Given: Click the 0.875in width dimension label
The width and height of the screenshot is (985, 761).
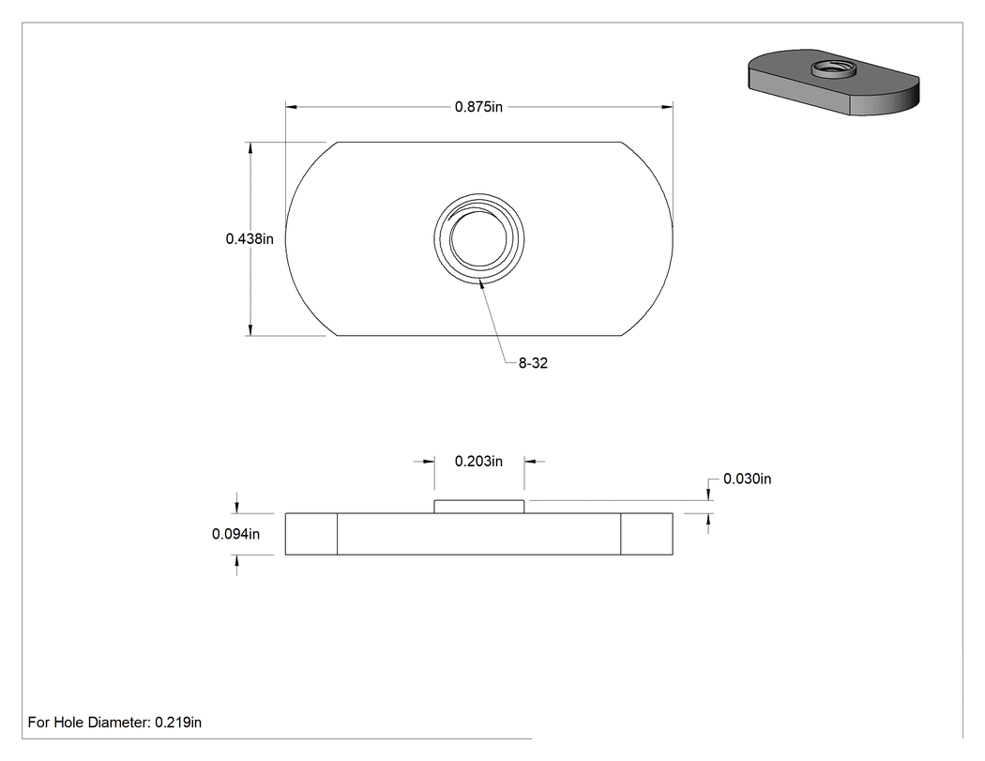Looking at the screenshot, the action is click(478, 107).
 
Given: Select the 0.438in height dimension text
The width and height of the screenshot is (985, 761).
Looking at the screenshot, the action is click(250, 238).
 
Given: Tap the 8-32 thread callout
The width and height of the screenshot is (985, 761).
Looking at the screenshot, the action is click(533, 363).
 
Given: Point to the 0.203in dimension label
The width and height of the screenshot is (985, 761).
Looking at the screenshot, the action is click(478, 462).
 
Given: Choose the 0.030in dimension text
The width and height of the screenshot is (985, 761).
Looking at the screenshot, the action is click(747, 479).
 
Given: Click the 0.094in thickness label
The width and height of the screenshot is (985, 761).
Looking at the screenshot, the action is click(235, 534).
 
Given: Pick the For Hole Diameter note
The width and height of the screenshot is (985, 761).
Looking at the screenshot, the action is click(114, 723).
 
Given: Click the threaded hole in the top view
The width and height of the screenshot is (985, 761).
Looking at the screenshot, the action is click(478, 238).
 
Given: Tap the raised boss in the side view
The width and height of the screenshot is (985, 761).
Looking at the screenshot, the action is click(478, 507).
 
